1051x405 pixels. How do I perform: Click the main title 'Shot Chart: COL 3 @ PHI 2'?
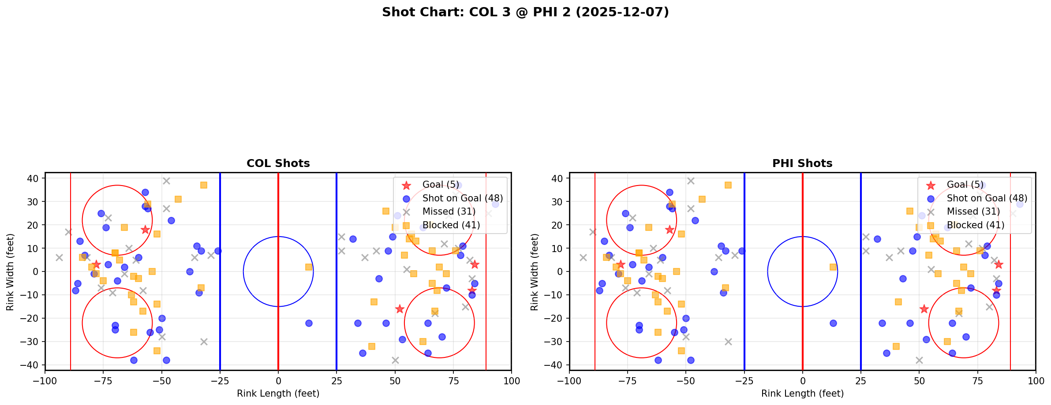(x=525, y=12)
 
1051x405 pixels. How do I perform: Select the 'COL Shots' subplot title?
(x=278, y=163)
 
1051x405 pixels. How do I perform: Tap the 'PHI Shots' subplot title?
(x=802, y=163)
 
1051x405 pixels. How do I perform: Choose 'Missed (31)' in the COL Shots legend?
(x=449, y=212)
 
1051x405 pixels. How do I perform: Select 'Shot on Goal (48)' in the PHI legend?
(x=987, y=198)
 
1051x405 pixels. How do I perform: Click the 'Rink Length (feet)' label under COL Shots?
(x=278, y=394)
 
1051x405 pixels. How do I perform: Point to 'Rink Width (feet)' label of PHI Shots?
(x=535, y=272)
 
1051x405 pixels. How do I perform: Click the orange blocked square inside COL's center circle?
(x=309, y=267)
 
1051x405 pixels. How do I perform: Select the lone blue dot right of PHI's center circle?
(x=833, y=323)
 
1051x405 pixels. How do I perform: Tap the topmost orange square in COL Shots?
(x=204, y=185)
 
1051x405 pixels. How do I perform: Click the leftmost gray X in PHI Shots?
(x=583, y=257)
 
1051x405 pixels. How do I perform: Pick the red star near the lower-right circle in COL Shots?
(x=400, y=309)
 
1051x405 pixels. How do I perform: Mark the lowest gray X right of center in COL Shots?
(x=395, y=360)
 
